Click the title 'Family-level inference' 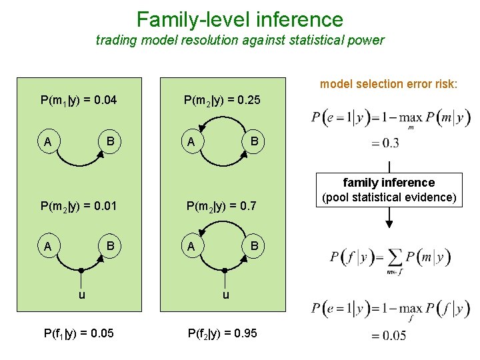coord(239,19)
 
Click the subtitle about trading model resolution coord(239,40)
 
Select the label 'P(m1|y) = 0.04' coord(79,101)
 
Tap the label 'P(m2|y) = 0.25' coord(223,101)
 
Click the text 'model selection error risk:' coord(389,84)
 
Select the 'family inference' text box coord(389,189)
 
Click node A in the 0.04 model coord(47,142)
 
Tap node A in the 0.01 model coord(47,246)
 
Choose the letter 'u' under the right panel coord(226,294)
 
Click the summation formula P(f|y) coord(389,259)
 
